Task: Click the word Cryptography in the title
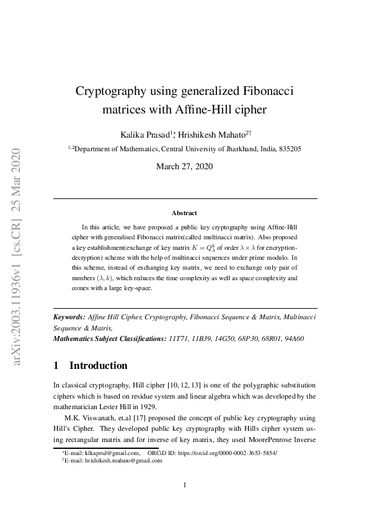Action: (x=110, y=92)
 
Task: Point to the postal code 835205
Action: (x=290, y=149)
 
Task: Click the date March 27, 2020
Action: (x=184, y=166)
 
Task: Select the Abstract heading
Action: (x=184, y=213)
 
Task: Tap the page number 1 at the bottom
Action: (x=185, y=485)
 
